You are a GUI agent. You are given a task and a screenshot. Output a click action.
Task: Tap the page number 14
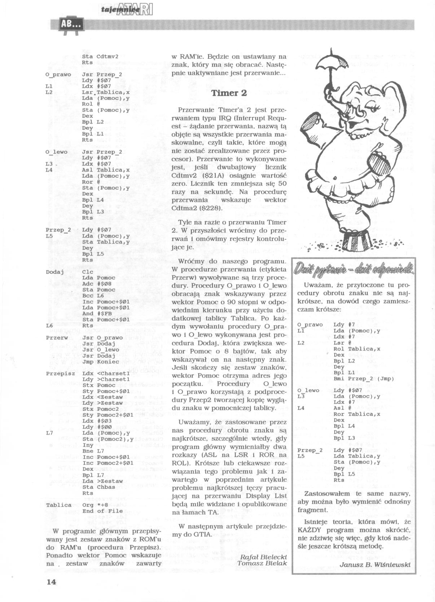click(x=52, y=581)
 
